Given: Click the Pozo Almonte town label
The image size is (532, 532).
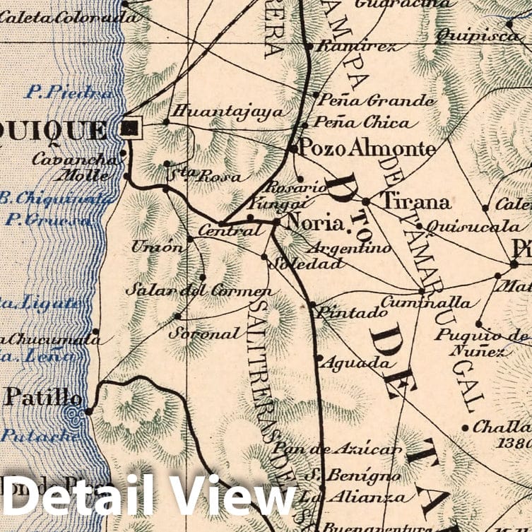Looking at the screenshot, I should pos(367,149).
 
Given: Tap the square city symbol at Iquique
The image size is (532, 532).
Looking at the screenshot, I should pos(131,128).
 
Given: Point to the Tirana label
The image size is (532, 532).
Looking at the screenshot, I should pos(415,202).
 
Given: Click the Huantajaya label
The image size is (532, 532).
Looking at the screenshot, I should pos(226,112).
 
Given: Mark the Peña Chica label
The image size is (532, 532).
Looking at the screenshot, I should pos(361,123).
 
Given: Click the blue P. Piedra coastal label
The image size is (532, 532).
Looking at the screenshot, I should pos(69,92).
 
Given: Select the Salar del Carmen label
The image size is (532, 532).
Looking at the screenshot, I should pos(199,290).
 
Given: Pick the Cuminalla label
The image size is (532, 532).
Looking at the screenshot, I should pos(425,302).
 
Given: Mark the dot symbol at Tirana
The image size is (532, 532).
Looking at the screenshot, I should pos(366,201).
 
